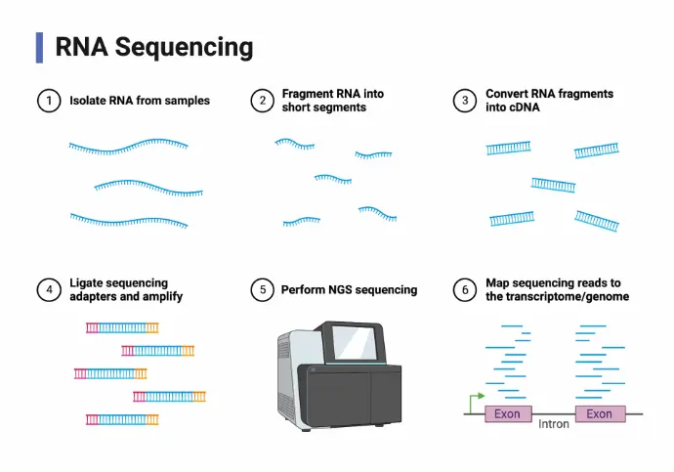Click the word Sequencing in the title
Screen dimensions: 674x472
tap(184, 47)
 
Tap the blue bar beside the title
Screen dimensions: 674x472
tap(39, 48)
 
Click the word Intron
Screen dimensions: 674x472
tap(554, 424)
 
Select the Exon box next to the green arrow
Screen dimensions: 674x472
tap(508, 414)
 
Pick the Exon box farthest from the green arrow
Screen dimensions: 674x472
tap(600, 414)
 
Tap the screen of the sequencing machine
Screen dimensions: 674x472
tap(355, 343)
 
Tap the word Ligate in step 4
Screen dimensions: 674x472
tap(86, 283)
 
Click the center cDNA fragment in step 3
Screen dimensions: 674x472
tap(553, 186)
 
